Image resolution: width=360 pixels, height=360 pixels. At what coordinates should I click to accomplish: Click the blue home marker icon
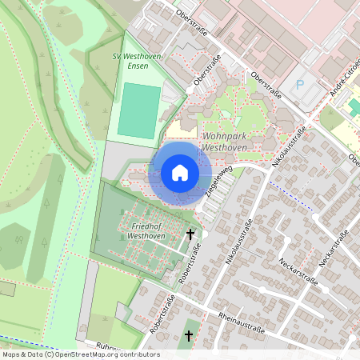[x=180, y=173]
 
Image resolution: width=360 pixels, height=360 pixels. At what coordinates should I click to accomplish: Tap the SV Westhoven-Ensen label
[x=138, y=61]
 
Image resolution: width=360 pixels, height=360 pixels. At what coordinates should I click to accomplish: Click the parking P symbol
[x=301, y=83]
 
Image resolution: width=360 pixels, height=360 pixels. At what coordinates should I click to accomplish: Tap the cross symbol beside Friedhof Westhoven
[x=190, y=234]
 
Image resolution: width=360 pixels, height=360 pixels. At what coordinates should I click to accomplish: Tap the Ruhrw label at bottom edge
[x=106, y=346]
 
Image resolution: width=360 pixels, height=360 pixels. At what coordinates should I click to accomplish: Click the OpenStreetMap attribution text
[x=80, y=354]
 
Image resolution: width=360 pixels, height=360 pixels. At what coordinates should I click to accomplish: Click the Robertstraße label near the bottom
[x=162, y=313]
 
